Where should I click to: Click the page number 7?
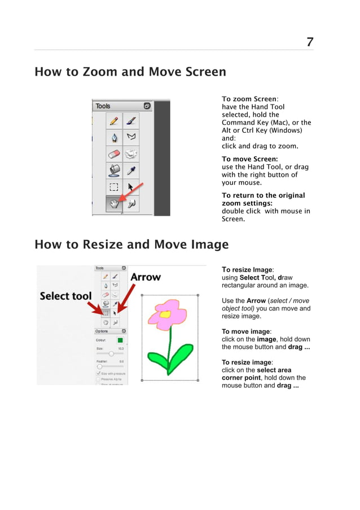310,42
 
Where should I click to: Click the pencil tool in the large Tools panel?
115,120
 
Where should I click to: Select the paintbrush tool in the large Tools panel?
131,120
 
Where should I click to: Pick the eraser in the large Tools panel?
115,153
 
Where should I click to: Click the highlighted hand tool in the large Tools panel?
115,203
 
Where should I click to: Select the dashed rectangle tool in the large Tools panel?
115,186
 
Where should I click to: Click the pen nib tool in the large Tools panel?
115,137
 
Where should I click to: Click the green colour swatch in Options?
120,340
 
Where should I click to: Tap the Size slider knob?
111,354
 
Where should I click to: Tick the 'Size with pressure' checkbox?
98,373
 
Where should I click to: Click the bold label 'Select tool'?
65,296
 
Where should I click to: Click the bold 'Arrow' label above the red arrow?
146,277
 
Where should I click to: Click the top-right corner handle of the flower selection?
198,294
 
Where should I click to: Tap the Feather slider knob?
99,367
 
